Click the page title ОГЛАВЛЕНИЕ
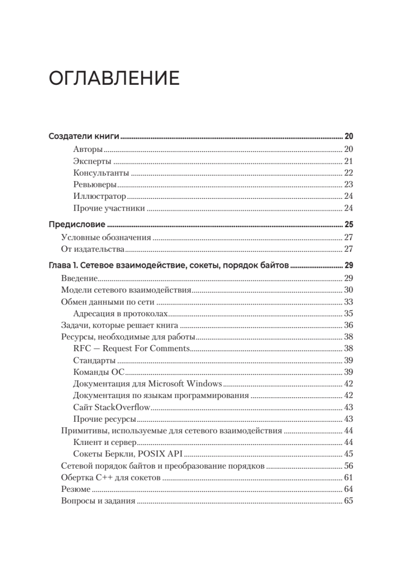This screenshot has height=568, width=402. (x=114, y=79)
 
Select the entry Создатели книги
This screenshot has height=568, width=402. (x=83, y=137)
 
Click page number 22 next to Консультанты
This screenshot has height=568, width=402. (x=348, y=173)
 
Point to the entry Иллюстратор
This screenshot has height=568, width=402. (x=99, y=196)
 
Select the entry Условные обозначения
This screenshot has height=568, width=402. (x=106, y=238)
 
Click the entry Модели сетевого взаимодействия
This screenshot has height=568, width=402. (x=126, y=290)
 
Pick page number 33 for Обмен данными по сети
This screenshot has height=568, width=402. (x=348, y=302)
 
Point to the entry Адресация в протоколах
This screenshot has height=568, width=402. (x=121, y=313)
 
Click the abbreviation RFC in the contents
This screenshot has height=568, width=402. (x=82, y=349)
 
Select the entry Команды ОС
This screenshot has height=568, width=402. (x=98, y=372)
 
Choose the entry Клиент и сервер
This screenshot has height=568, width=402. (x=105, y=443)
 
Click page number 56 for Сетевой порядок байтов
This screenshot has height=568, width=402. (x=348, y=466)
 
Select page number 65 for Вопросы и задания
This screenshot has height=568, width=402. (x=348, y=501)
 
